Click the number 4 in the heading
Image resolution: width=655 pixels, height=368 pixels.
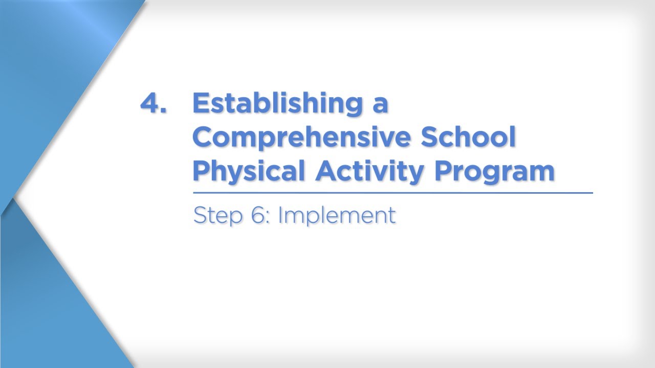coord(150,104)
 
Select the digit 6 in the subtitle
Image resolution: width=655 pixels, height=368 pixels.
coord(256,215)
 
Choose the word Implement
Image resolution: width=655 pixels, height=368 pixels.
coord(337,216)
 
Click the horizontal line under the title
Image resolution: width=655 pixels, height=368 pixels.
coord(392,193)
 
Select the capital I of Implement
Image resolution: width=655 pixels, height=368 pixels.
coord(280,215)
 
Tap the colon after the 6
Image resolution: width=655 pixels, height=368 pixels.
coord(268,217)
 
